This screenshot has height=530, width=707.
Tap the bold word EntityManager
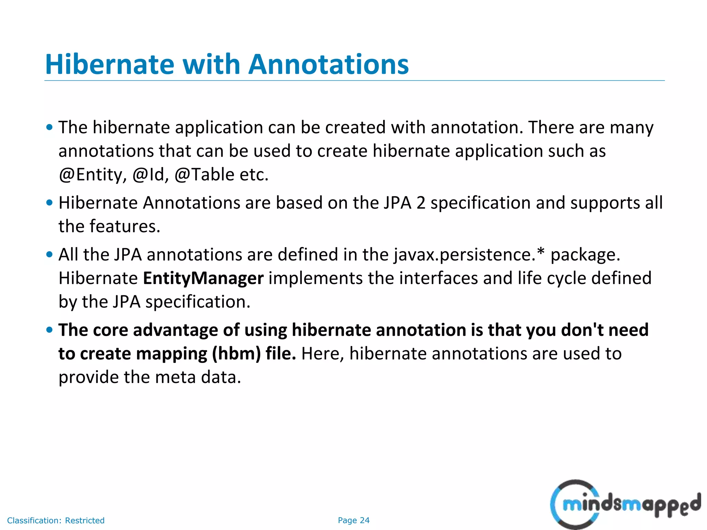pos(203,278)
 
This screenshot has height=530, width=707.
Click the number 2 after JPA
pos(420,203)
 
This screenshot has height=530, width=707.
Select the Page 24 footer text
pos(353,520)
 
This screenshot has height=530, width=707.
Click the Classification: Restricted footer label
pos(56,520)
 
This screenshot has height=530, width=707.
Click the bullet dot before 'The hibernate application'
pos(49,127)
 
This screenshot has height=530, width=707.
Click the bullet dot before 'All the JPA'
pos(49,255)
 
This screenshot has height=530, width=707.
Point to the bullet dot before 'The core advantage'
pos(49,330)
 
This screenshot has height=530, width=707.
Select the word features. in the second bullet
pos(125,227)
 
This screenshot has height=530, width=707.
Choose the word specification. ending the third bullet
pos(197,302)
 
